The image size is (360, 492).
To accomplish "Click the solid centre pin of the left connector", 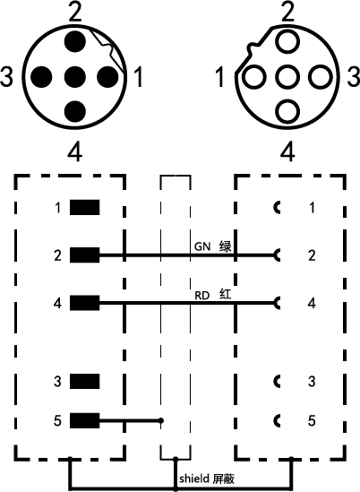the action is (75, 77).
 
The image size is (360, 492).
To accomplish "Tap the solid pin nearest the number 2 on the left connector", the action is (75, 42).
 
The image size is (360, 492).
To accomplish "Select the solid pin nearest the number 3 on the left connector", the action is (41, 77).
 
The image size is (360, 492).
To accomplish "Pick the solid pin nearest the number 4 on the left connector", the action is (75, 112).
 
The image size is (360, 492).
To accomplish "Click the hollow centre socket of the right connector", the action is (287, 77).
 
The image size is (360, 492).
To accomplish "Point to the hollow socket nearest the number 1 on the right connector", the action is (253, 77).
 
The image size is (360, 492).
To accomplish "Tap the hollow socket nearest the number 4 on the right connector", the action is (287, 112).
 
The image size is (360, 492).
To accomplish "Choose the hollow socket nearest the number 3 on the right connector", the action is (321, 77).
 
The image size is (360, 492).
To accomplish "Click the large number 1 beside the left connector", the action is (138, 76).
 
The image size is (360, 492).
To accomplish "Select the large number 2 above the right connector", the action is (287, 12).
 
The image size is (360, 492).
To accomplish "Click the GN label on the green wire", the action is (202, 246).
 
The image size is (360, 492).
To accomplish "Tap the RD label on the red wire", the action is (202, 296).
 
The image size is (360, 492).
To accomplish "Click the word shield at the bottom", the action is (194, 479).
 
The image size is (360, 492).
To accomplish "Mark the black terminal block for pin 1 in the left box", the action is (85, 207).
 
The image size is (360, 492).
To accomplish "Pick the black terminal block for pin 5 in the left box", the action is (85, 420).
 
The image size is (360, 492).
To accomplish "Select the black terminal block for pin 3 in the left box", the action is (85, 381).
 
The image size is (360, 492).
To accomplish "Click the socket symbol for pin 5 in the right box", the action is (277, 420).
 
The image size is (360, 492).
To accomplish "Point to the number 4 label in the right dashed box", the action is (312, 303).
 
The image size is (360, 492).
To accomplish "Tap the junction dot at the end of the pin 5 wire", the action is (161, 420).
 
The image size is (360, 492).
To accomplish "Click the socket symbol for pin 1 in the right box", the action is (277, 207).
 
